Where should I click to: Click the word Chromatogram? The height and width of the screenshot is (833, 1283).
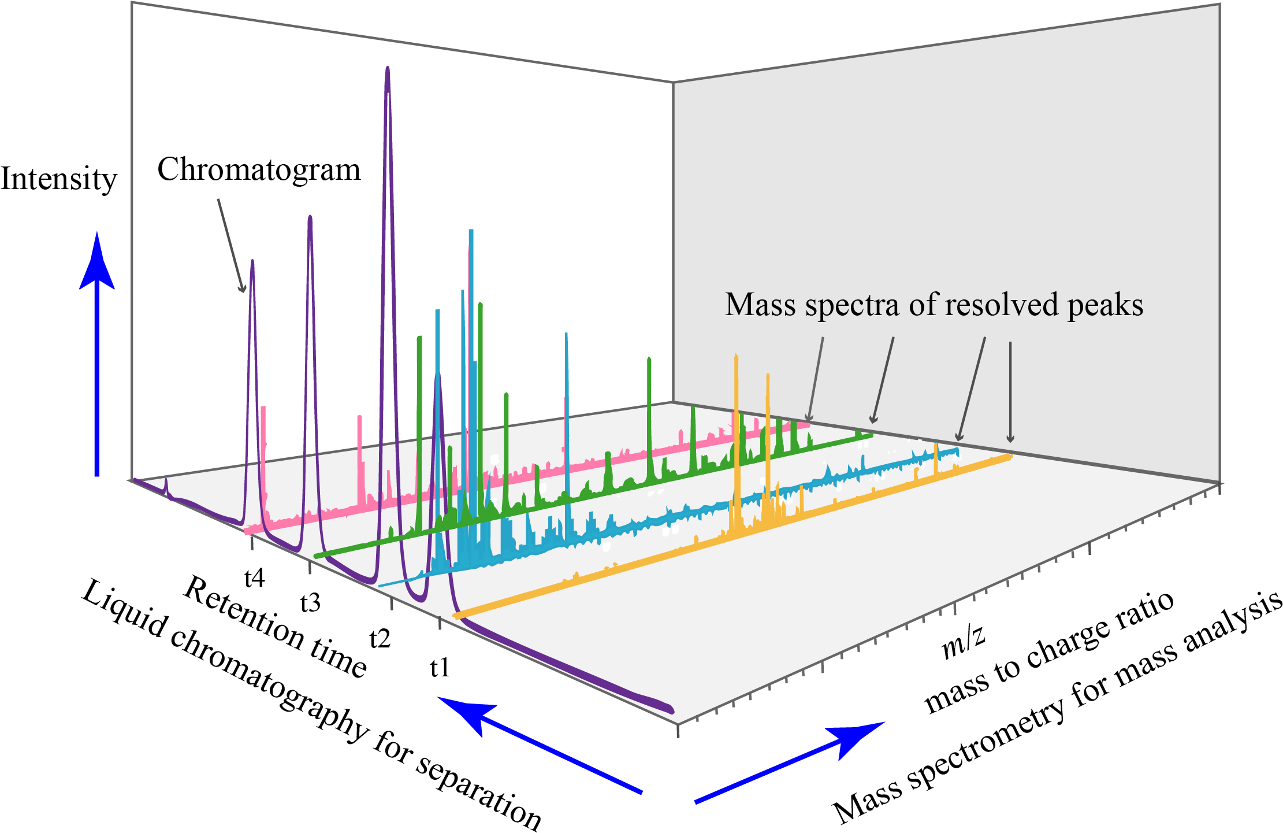coord(259,171)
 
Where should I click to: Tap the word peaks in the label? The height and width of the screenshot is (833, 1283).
coord(1105,306)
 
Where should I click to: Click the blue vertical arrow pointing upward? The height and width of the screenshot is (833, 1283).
coord(97,353)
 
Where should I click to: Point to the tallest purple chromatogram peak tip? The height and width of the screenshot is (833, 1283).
coord(388,69)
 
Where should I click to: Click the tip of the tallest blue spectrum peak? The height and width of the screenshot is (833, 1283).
coord(471,231)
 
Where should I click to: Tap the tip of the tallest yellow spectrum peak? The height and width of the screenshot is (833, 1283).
coord(736,356)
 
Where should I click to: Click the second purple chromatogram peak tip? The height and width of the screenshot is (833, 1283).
coord(310,219)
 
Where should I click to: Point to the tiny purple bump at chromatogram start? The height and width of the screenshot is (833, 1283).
coord(166,481)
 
